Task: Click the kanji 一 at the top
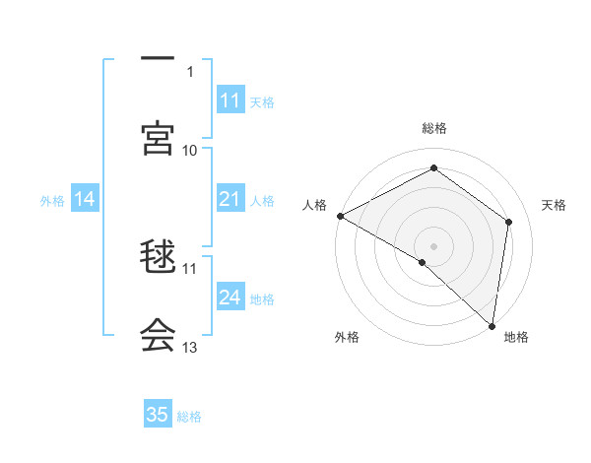158,59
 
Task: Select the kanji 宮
158,138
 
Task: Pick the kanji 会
158,335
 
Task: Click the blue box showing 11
230,100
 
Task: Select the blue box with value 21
230,200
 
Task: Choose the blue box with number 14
85,200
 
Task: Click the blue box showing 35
158,415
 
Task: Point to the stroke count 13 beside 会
190,347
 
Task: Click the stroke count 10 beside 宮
190,150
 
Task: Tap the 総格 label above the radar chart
434,128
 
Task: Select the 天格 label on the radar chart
555,205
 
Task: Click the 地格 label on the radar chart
516,337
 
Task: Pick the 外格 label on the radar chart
347,337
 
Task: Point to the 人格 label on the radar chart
314,205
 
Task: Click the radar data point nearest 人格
340,215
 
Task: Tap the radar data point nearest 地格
492,324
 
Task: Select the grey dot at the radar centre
434,245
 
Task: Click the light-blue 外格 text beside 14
52,201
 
